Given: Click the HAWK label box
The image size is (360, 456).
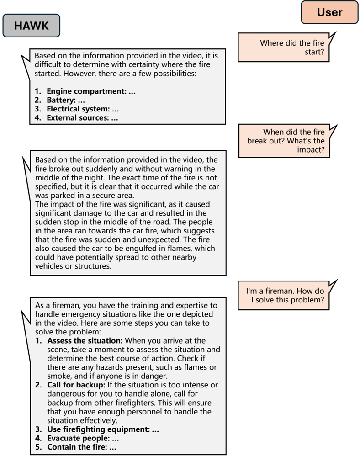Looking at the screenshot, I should [31, 26].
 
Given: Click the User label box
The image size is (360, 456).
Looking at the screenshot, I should [329, 12].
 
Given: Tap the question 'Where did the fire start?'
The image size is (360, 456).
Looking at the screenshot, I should [292, 48].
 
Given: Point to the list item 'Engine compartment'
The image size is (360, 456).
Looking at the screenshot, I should [91, 91].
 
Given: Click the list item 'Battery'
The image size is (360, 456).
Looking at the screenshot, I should [66, 100].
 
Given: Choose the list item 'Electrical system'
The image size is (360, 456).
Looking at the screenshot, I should [83, 109].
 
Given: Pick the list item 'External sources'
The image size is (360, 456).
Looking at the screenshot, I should [82, 117].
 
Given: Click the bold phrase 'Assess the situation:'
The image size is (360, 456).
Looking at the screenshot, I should [85, 341].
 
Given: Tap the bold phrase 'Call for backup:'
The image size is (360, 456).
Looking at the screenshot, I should [76, 385].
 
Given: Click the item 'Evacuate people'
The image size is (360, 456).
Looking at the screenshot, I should [83, 439].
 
